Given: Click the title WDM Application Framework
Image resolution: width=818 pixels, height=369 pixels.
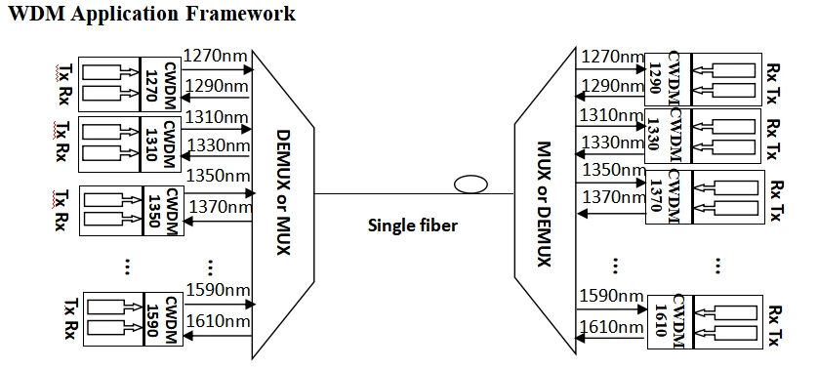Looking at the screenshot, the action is tap(152, 13).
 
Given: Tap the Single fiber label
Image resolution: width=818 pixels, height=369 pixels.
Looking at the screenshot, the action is tap(413, 225).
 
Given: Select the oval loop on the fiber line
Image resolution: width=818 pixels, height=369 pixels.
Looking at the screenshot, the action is tap(470, 184).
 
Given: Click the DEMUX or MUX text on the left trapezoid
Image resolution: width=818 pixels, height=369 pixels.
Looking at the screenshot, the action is tap(282, 193).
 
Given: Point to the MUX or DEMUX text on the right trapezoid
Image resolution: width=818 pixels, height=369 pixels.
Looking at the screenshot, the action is tap(544, 204).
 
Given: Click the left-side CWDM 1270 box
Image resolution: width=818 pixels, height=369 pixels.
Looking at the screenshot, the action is tap(160, 84).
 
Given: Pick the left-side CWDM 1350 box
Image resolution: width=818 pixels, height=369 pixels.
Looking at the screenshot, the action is tap(163, 211).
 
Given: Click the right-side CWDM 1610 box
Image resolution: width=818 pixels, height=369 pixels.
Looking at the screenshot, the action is tap(671, 321).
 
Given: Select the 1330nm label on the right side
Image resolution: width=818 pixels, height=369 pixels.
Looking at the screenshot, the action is tap(612, 142).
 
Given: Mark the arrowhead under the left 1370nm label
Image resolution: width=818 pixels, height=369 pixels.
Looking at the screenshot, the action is tap(188, 222).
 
